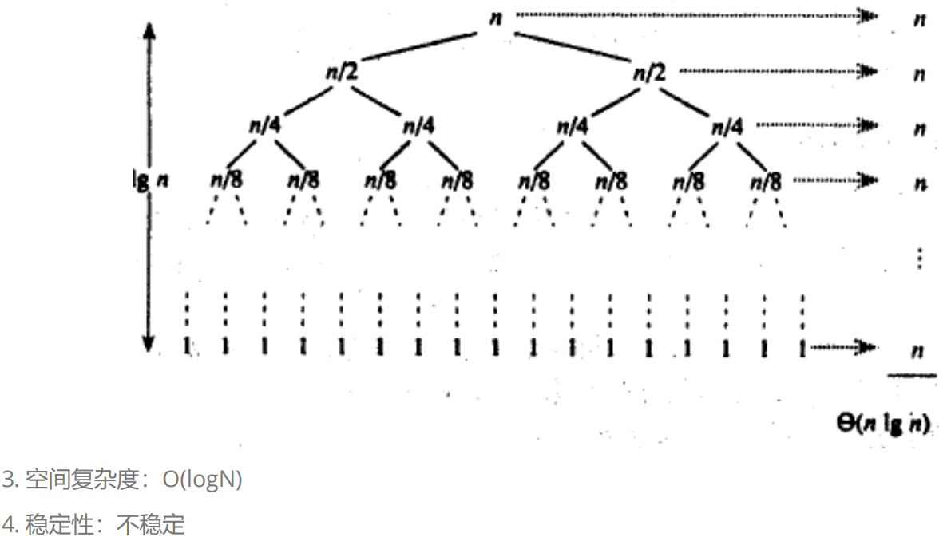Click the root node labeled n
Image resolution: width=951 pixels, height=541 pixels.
pyautogui.click(x=496, y=18)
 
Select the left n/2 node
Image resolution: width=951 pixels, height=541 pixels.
pyautogui.click(x=340, y=73)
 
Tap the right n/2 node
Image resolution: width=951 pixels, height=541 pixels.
pyautogui.click(x=649, y=73)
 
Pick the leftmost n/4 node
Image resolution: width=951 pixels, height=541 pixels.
pyautogui.click(x=264, y=126)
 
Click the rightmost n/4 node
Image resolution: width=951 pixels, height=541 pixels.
pyautogui.click(x=727, y=126)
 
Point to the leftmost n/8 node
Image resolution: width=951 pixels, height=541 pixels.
pyautogui.click(x=226, y=180)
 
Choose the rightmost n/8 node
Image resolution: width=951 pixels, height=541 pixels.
pyautogui.click(x=765, y=180)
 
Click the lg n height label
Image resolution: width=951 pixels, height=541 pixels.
pyautogui.click(x=151, y=180)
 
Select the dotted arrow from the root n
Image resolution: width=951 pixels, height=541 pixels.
pyautogui.click(x=695, y=14)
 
